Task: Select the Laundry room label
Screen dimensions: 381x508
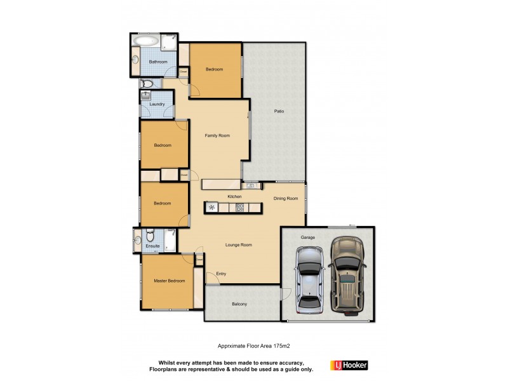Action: coord(157,104)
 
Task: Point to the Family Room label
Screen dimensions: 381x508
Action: coord(217,135)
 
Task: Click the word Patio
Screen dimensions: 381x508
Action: coord(279,111)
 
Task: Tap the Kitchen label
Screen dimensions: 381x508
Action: coord(234,197)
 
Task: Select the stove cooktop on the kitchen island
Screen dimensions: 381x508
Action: coord(240,207)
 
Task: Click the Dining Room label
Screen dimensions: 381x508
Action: coord(286,199)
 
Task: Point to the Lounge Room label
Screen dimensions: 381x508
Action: coord(239,244)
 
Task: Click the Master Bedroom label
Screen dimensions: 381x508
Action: coord(170,281)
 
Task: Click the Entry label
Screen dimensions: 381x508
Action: coord(221,274)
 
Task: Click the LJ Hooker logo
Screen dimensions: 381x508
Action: coord(349,365)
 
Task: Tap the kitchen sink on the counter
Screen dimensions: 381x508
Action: coord(251,185)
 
